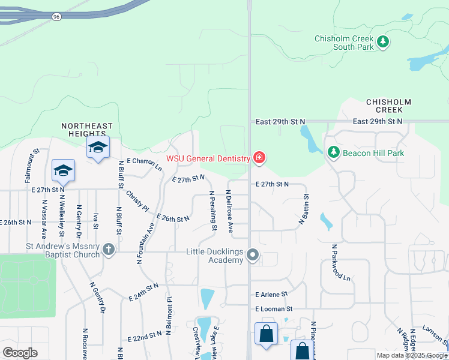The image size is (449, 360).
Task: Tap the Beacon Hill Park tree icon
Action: coord(334,153)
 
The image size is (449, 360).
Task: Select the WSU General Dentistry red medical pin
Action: coord(259,158)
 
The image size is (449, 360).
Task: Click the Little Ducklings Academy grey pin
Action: coord(253,256)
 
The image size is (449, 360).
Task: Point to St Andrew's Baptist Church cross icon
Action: coord(109,249)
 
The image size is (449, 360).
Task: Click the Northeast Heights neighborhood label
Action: coord(87,130)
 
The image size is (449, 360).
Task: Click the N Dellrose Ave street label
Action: coord(229,211)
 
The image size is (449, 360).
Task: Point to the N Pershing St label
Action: coord(213,211)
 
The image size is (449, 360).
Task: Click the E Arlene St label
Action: coord(271,295)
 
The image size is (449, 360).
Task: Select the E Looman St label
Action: coord(273,308)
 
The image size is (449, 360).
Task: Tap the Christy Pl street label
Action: coord(137,201)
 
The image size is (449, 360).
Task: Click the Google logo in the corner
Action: coord(20,353)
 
